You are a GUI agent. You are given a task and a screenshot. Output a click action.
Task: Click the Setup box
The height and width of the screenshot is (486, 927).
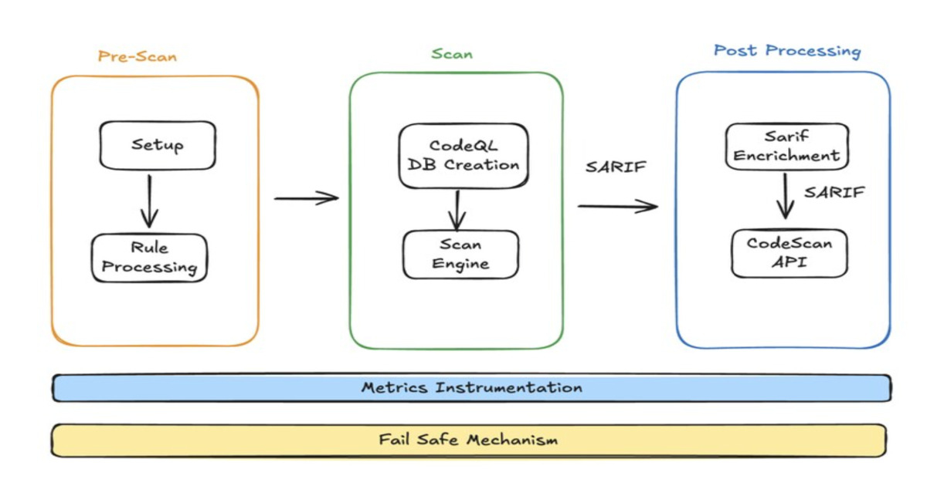pyautogui.click(x=158, y=145)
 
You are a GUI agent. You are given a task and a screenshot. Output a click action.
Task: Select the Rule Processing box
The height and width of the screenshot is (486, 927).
pyautogui.click(x=149, y=258)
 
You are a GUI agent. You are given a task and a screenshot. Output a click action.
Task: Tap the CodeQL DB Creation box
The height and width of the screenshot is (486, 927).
pyautogui.click(x=463, y=155)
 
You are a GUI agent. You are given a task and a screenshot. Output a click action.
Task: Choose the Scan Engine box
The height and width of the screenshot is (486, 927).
pyautogui.click(x=460, y=254)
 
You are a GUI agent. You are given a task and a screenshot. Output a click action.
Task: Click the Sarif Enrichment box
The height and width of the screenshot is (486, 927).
pyautogui.click(x=786, y=146)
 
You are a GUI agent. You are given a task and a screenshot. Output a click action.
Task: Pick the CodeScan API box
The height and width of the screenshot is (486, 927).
pyautogui.click(x=789, y=252)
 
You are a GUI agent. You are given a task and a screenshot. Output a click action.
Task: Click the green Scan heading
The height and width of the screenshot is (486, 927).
pyautogui.click(x=452, y=54)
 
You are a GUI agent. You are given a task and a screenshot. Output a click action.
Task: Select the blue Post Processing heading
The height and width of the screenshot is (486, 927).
pyautogui.click(x=786, y=51)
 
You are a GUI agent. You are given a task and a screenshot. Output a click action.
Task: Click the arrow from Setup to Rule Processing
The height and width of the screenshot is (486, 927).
pyautogui.click(x=148, y=201)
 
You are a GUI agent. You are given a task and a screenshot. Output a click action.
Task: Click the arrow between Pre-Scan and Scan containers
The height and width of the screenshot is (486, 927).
pyautogui.click(x=307, y=198)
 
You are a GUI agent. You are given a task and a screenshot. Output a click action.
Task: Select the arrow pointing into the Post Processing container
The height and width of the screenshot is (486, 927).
pyautogui.click(x=617, y=206)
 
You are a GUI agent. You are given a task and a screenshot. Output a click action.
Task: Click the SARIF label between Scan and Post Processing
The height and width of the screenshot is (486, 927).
pyautogui.click(x=615, y=167)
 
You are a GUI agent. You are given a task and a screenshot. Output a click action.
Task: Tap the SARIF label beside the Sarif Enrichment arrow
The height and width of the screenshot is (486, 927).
pyautogui.click(x=834, y=192)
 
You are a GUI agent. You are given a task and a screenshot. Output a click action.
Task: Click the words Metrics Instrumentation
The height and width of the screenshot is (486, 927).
pyautogui.click(x=471, y=387)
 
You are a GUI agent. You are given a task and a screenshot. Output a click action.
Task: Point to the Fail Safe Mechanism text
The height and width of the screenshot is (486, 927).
pyautogui.click(x=468, y=440)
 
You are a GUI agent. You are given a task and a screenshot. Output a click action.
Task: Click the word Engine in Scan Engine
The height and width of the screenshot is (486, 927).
pyautogui.click(x=460, y=264)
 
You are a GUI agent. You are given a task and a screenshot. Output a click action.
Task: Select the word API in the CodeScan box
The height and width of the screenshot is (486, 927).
pyautogui.click(x=789, y=262)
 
